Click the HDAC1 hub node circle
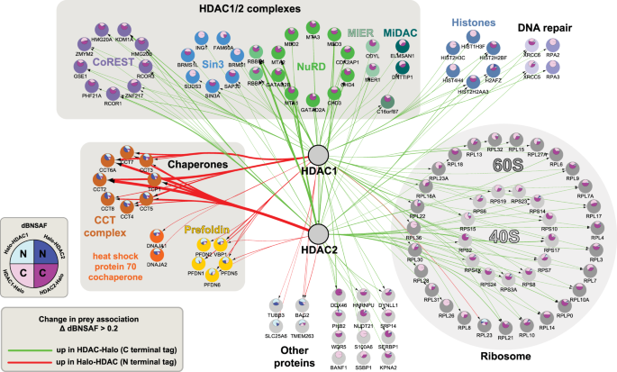coord(317,156)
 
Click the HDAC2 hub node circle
coord(317,234)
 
